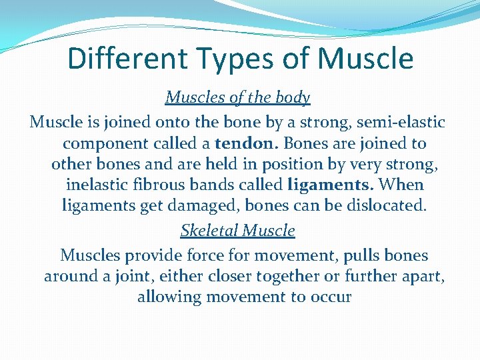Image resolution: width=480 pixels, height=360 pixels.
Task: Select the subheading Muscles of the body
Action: pyautogui.click(x=238, y=98)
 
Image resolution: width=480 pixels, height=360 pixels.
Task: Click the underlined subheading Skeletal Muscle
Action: pyautogui.click(x=238, y=231)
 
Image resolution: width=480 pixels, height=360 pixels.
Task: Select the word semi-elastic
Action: pyautogui.click(x=403, y=123)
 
